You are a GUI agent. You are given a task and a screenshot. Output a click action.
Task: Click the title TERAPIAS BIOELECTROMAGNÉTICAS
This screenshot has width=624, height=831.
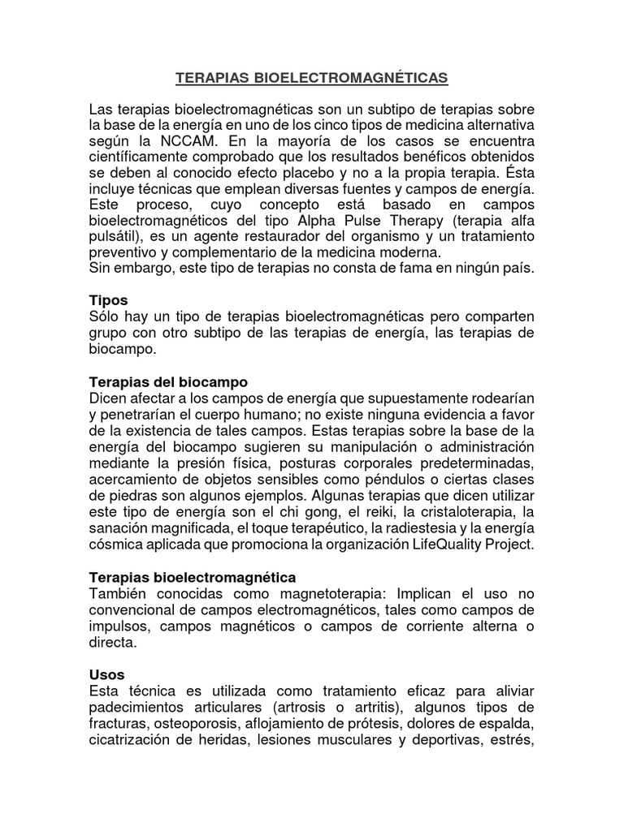(x=312, y=79)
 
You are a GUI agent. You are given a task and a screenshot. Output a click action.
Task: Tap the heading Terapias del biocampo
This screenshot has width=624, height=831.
(x=167, y=381)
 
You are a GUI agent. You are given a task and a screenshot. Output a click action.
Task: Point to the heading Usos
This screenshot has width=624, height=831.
(x=106, y=674)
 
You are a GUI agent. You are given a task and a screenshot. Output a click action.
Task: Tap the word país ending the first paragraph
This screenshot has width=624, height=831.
(x=519, y=269)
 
